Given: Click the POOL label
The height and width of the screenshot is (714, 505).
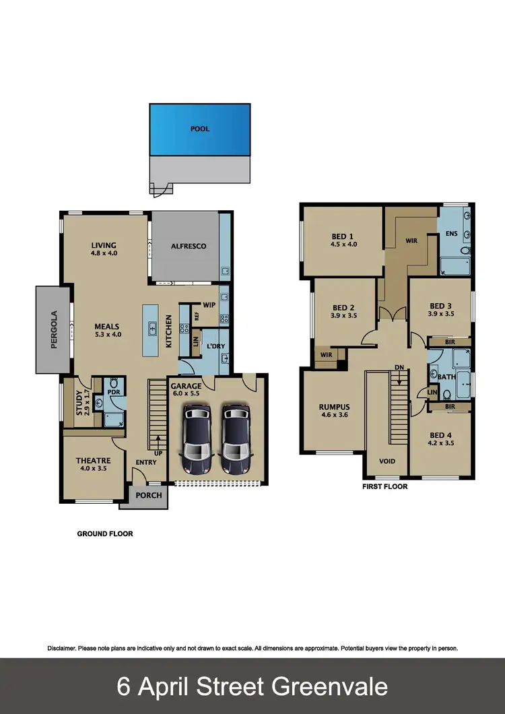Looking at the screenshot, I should pyautogui.click(x=199, y=129).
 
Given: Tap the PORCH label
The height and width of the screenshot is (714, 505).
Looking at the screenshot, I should pyautogui.click(x=149, y=495).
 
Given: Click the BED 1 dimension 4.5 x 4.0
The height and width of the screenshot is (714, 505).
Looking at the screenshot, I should pyautogui.click(x=342, y=245).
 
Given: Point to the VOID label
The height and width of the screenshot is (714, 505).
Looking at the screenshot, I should pyautogui.click(x=386, y=461).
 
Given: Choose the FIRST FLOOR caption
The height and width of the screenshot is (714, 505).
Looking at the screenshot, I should pyautogui.click(x=384, y=486).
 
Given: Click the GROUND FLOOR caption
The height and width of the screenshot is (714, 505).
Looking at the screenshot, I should pyautogui.click(x=104, y=533).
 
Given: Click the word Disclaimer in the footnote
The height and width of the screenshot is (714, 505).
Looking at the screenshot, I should pyautogui.click(x=61, y=648).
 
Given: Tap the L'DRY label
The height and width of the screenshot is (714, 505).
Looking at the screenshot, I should pyautogui.click(x=215, y=346).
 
